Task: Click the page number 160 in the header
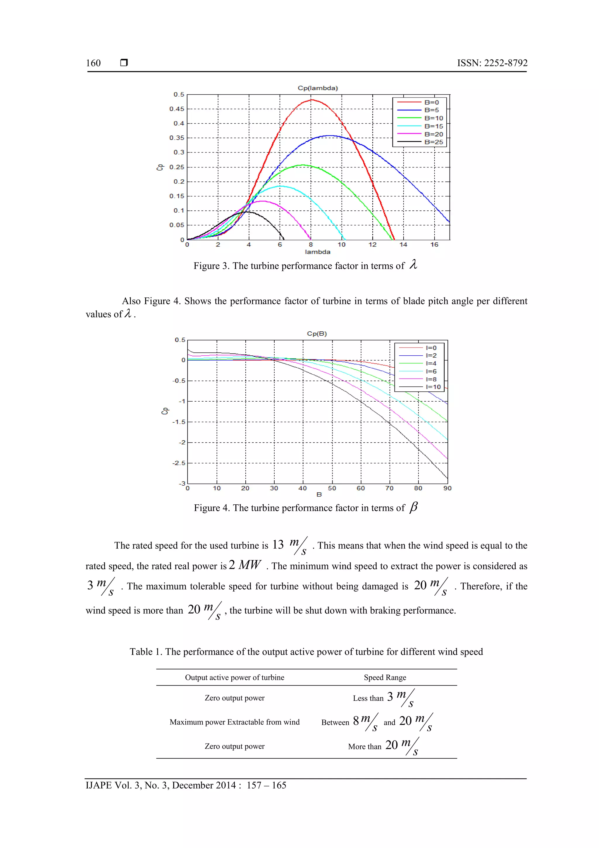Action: (x=93, y=63)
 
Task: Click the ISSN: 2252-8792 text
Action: (x=492, y=63)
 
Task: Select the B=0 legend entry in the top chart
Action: (x=431, y=102)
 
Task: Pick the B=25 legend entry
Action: (x=433, y=142)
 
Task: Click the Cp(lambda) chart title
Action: (x=317, y=88)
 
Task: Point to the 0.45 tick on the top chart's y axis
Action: (x=176, y=109)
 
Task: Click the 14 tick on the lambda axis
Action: (x=403, y=244)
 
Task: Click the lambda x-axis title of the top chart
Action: (x=317, y=252)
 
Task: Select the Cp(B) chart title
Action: (x=317, y=333)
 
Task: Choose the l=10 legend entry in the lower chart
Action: (x=433, y=387)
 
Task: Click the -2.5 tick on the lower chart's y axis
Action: (x=179, y=463)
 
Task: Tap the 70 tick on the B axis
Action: (x=389, y=488)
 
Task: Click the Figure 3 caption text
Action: (x=299, y=266)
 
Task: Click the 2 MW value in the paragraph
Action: (x=245, y=565)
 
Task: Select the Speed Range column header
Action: (x=385, y=677)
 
